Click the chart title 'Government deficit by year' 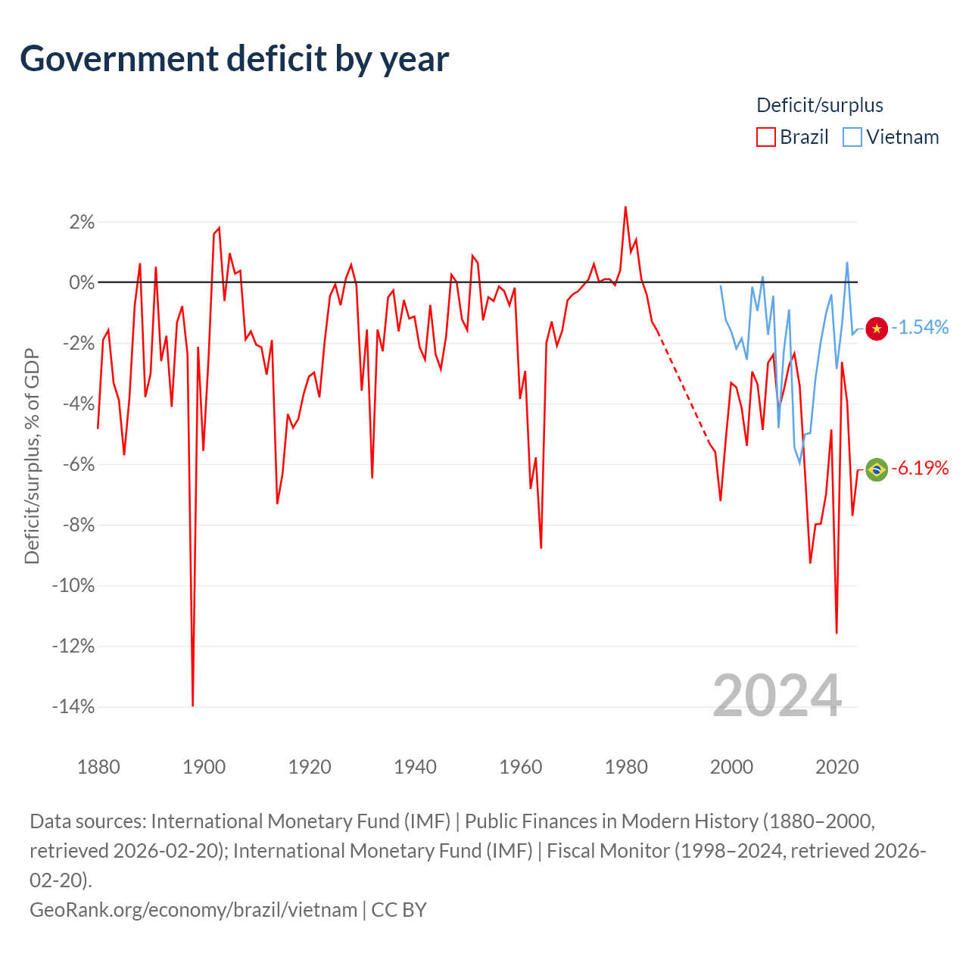click(x=234, y=59)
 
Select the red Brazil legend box click(x=765, y=137)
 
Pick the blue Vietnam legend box click(x=852, y=137)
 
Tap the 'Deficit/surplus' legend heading click(x=820, y=105)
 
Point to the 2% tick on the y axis click(x=82, y=222)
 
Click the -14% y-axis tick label click(x=73, y=706)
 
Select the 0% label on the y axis click(x=82, y=282)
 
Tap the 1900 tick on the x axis click(x=204, y=767)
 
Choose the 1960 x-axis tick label click(x=520, y=767)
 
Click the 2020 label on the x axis click(x=837, y=767)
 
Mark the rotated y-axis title click(x=32, y=456)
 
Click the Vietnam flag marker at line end click(x=877, y=329)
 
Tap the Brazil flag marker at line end click(x=877, y=469)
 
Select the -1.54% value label click(x=920, y=327)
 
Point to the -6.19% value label click(x=920, y=468)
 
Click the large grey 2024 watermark click(x=777, y=696)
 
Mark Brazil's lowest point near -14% click(x=192, y=706)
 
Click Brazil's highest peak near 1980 click(x=625, y=207)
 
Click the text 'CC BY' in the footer click(x=399, y=910)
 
